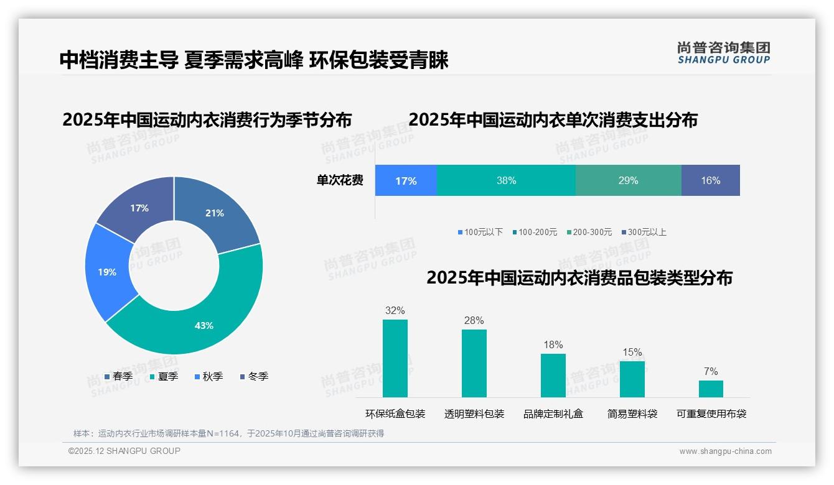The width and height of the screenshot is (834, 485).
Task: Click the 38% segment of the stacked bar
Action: coord(506,180)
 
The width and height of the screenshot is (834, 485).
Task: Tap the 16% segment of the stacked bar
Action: coord(710,180)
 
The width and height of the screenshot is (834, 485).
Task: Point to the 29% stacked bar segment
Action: coord(628,180)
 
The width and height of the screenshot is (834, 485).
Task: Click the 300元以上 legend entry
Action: coord(644,232)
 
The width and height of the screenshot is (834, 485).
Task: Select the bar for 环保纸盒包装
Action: coord(395,358)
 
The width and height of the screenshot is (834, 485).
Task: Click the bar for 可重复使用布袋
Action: coord(711,389)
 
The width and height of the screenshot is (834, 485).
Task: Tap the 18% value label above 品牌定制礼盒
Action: coord(553,344)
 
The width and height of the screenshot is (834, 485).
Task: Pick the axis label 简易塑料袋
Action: coord(632,413)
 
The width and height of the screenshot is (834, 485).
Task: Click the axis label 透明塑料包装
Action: coord(474,413)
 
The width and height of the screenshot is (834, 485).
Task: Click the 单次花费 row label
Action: coord(340,180)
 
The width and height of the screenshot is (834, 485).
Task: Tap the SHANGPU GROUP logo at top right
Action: coord(724,53)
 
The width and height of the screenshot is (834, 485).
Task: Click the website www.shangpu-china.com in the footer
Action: coord(725,451)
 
